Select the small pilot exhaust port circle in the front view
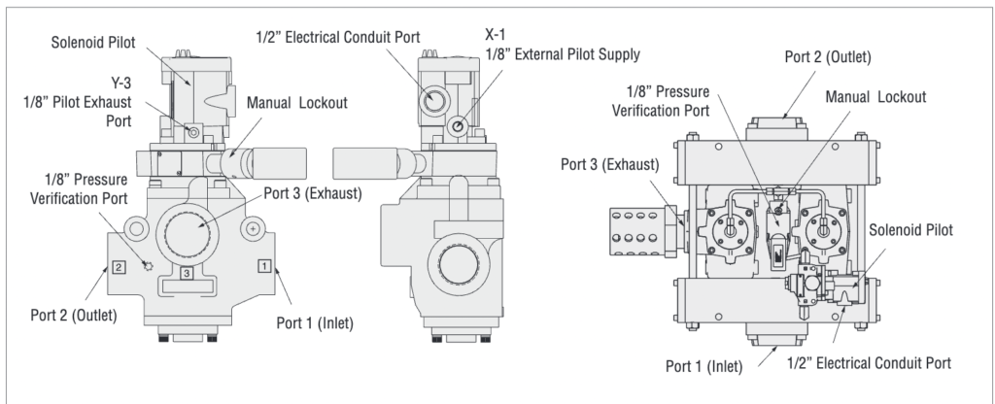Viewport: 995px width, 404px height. pos(194,131)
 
